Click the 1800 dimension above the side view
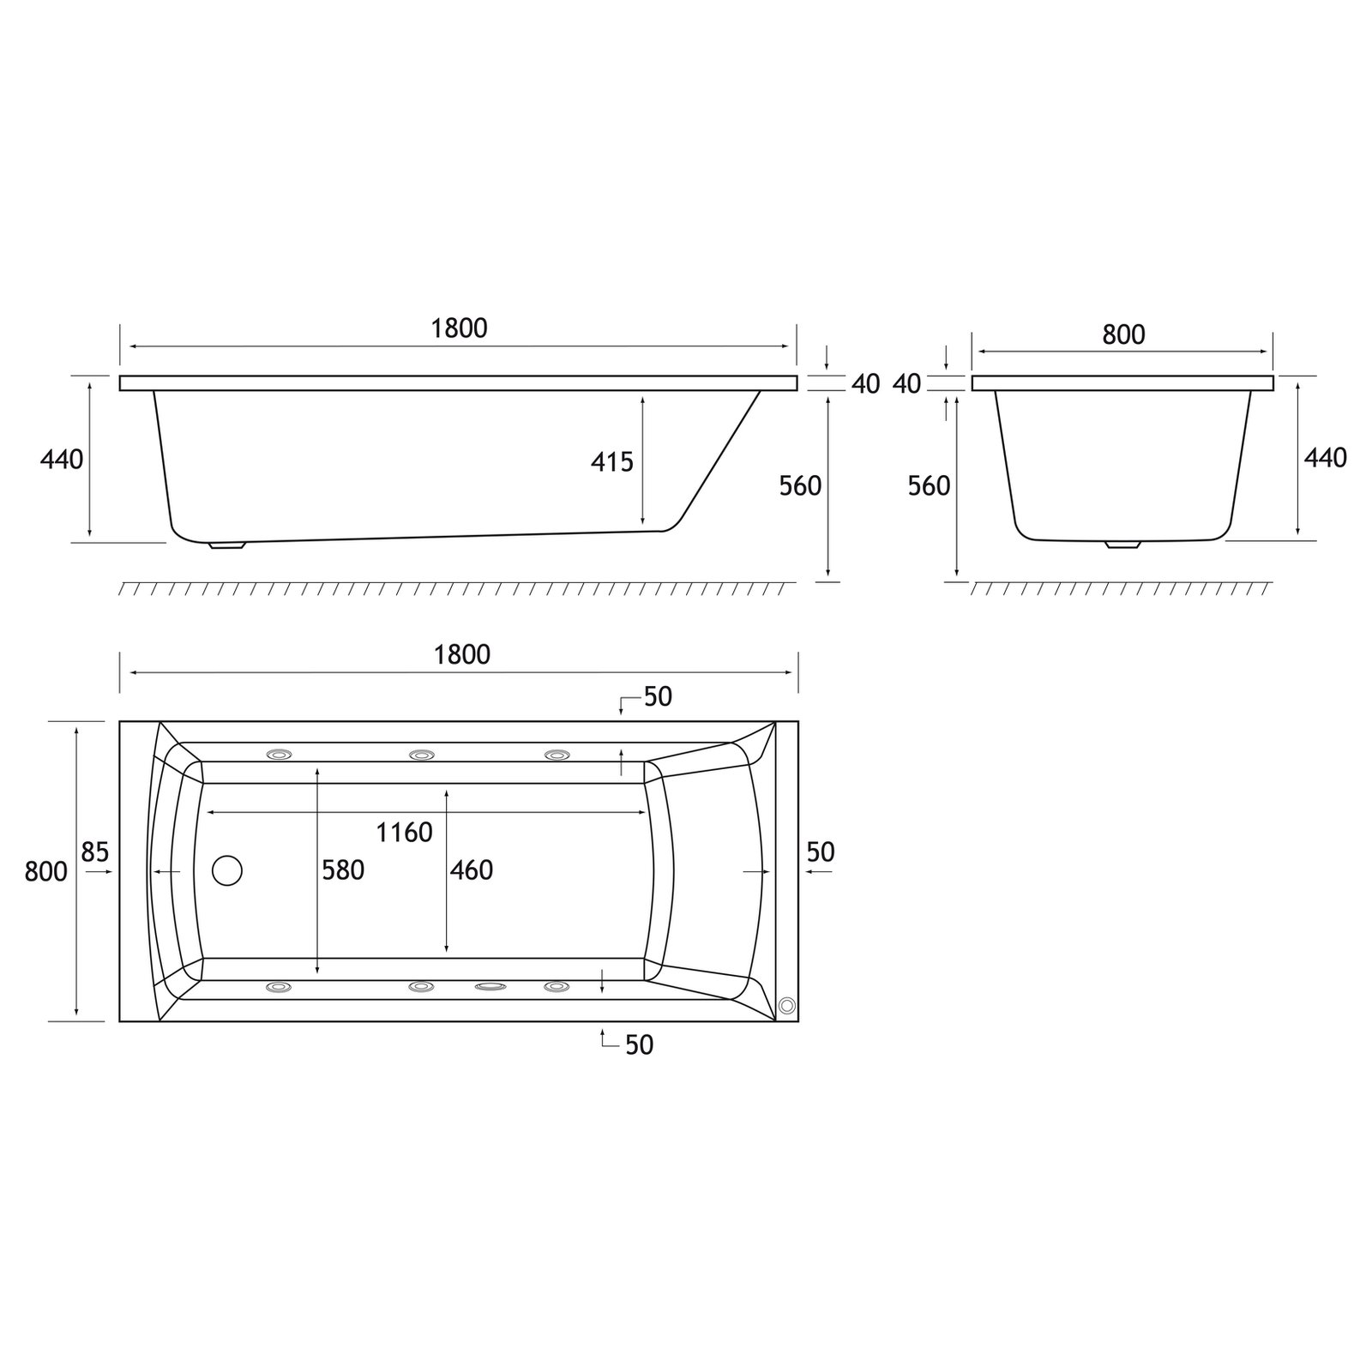point(460,328)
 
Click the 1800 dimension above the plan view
point(462,654)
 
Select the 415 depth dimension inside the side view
point(611,462)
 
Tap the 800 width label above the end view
point(1123,334)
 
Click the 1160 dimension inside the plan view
point(404,832)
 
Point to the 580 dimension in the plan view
point(343,870)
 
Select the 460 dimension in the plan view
point(472,870)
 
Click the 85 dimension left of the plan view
point(95,852)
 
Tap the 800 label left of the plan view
point(46,872)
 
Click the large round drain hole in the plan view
point(227,870)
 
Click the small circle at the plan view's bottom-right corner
point(786,1006)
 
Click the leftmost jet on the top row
point(280,755)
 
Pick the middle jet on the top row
point(421,755)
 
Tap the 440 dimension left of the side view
point(62,460)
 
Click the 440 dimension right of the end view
point(1325,458)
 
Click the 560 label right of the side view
point(800,486)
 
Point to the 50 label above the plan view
point(658,697)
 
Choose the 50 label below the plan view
point(640,1044)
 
